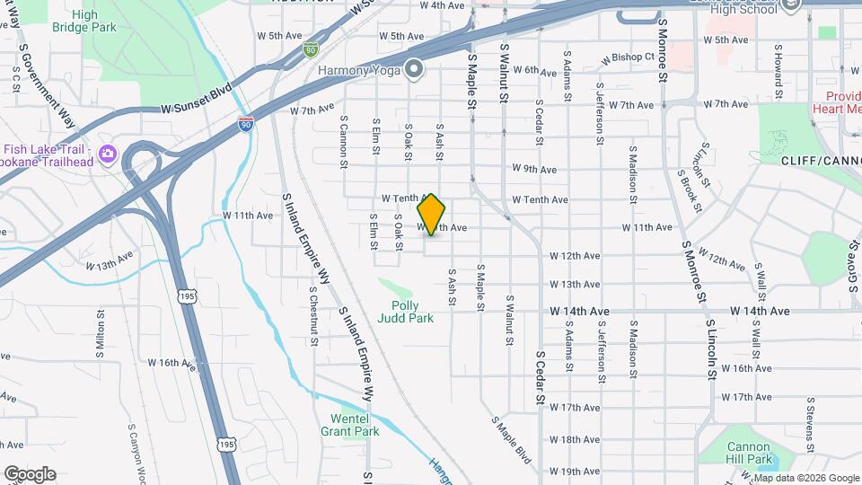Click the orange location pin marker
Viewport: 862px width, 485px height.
(432, 215)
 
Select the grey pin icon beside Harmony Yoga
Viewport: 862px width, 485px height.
(414, 69)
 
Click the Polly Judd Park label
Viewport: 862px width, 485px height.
(405, 312)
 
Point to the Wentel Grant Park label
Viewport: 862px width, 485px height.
(349, 425)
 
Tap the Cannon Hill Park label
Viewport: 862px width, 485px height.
(749, 453)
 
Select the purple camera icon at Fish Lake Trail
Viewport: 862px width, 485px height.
(108, 154)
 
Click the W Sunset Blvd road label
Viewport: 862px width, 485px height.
(197, 100)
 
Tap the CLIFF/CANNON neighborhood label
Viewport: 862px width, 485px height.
(821, 162)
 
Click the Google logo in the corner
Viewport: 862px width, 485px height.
(30, 473)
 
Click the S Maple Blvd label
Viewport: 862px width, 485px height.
(511, 437)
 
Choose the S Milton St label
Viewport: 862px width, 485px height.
(101, 332)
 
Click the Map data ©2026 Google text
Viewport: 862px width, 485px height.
(801, 478)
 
